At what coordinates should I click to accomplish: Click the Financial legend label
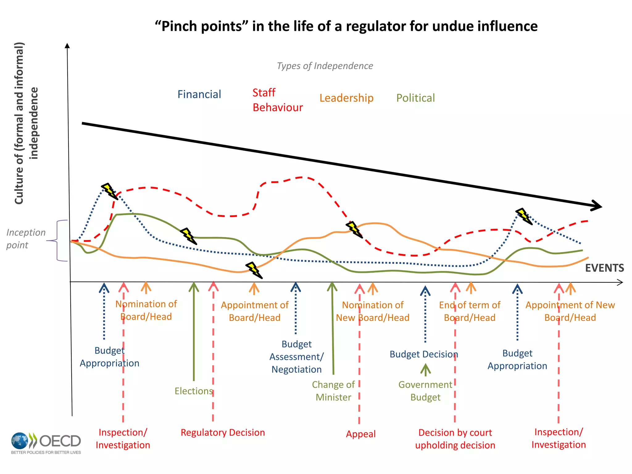(x=199, y=94)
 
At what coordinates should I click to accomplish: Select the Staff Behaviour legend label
(x=277, y=100)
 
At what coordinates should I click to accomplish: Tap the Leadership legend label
(x=346, y=98)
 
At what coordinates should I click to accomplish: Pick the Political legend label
(x=415, y=98)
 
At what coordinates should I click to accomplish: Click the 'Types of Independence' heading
(x=325, y=66)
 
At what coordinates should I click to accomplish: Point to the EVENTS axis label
(x=604, y=268)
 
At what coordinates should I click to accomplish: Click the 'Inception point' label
(x=26, y=239)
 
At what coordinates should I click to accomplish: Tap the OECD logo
(x=46, y=443)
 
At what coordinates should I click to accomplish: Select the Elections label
(x=193, y=391)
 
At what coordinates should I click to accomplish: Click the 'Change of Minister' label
(x=333, y=391)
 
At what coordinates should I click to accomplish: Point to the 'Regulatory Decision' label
(x=222, y=432)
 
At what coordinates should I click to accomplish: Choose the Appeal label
(x=360, y=434)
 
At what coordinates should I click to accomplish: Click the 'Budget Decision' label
(x=423, y=354)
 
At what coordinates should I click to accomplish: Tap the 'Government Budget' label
(x=425, y=391)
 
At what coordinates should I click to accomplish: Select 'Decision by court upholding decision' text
(x=455, y=439)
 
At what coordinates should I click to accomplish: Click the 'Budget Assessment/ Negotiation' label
(x=296, y=356)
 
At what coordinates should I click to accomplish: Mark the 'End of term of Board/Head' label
(x=469, y=311)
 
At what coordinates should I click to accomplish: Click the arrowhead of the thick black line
(x=597, y=206)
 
